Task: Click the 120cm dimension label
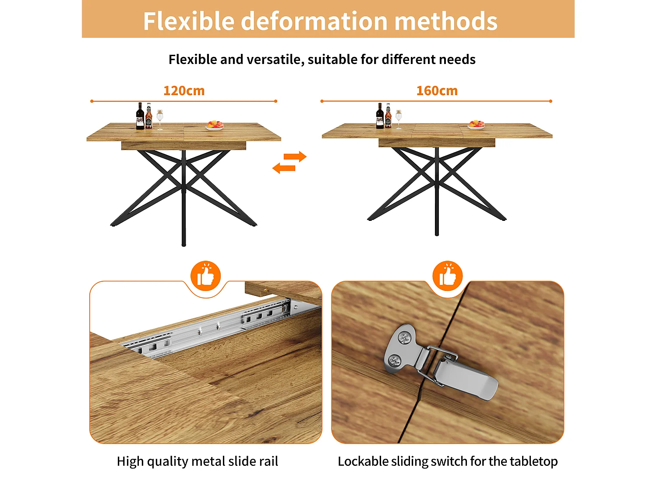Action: (x=184, y=91)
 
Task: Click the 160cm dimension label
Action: (x=437, y=91)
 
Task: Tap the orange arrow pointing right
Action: (x=295, y=156)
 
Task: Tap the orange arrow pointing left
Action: (x=284, y=168)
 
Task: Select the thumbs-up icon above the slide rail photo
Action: (x=205, y=276)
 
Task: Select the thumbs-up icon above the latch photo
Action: (x=447, y=276)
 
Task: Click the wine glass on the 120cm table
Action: (x=160, y=119)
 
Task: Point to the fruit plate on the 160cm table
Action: (x=477, y=125)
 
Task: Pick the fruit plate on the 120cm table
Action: (x=215, y=126)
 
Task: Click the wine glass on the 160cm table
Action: (x=398, y=118)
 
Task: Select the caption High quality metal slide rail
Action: (x=197, y=461)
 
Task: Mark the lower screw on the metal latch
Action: (x=396, y=361)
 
